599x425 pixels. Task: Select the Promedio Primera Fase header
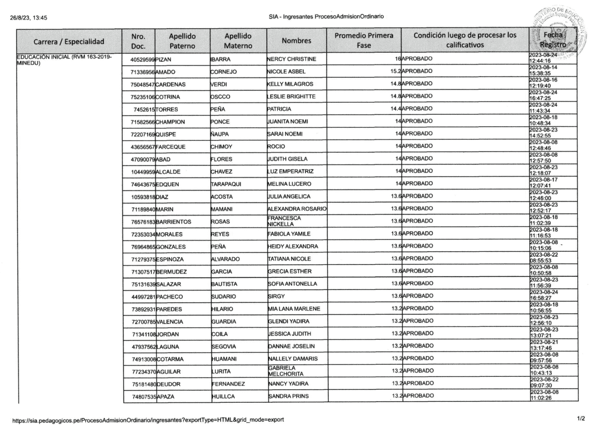click(363, 41)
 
